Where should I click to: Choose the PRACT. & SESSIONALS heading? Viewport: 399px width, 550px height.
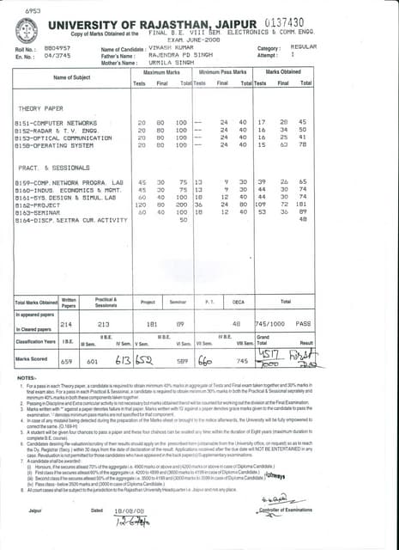click(52, 168)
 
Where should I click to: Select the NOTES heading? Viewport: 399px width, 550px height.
click(26, 378)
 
